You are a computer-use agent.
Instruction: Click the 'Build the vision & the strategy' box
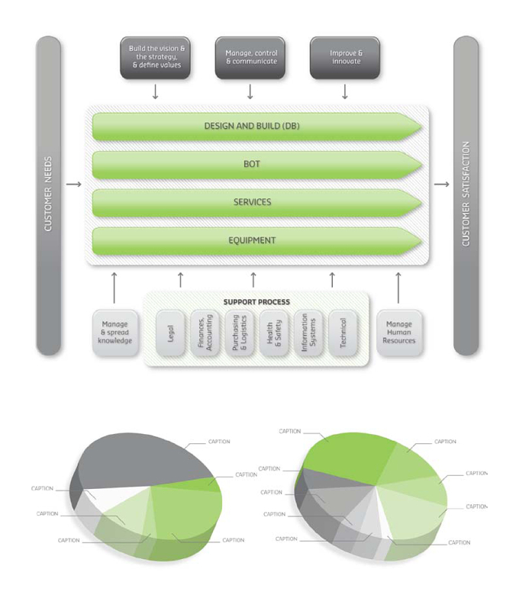coord(156,58)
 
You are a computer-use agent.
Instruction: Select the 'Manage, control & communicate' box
coord(250,58)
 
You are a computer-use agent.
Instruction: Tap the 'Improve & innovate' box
coord(345,58)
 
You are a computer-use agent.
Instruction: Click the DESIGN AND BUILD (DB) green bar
coord(256,127)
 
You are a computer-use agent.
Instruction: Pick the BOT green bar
coord(256,165)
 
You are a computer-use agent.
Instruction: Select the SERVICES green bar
coord(256,203)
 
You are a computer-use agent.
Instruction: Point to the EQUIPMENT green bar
coord(256,241)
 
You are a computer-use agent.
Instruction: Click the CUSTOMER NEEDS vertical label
coord(48,194)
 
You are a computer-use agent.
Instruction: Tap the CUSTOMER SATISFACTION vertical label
coord(466,194)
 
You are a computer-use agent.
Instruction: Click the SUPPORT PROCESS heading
coord(256,302)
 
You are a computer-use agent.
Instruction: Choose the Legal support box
coord(170,333)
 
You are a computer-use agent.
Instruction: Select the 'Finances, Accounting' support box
coord(205,333)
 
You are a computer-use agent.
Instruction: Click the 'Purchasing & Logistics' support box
coord(240,333)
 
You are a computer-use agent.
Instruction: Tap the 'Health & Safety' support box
coord(274,333)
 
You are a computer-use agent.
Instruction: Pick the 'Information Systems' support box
coord(308,333)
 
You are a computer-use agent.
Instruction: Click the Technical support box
coord(343,333)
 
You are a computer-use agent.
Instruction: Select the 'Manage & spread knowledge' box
coord(114,333)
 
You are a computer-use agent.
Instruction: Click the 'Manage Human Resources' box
coord(399,333)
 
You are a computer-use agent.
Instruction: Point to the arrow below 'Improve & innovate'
coord(345,92)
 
